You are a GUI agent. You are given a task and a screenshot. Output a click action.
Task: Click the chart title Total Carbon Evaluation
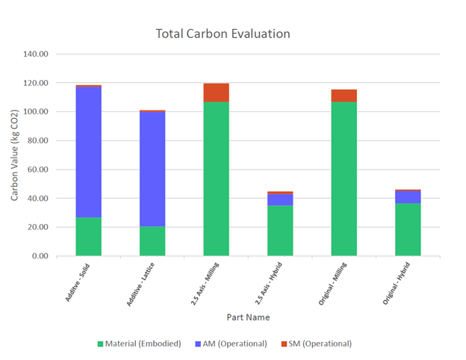tap(223, 34)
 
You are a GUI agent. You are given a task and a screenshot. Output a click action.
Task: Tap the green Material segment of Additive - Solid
tap(88, 237)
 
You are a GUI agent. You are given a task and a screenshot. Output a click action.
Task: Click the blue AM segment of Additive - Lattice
tap(152, 169)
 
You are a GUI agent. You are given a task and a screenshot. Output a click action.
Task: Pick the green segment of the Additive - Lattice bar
tap(152, 241)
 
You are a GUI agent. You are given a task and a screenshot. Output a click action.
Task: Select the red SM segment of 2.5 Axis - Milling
tap(216, 93)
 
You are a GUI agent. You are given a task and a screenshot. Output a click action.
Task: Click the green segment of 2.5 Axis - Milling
tap(216, 179)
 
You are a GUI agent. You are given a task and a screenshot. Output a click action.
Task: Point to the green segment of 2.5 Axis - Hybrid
tap(280, 231)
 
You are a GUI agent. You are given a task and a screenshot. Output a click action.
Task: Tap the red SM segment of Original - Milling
tap(344, 96)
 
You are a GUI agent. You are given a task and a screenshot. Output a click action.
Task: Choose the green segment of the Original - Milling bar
tap(344, 179)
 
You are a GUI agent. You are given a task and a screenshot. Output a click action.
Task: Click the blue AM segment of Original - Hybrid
tap(408, 196)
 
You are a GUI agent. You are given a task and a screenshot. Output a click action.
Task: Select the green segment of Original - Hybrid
tap(408, 229)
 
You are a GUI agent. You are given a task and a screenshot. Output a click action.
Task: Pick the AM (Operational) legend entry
tap(232, 344)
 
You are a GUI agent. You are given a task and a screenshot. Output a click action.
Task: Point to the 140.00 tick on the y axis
tap(36, 55)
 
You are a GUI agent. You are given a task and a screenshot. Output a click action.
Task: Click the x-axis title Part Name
tap(248, 317)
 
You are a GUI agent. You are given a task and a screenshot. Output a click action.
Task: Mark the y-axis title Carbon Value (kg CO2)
tap(15, 155)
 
